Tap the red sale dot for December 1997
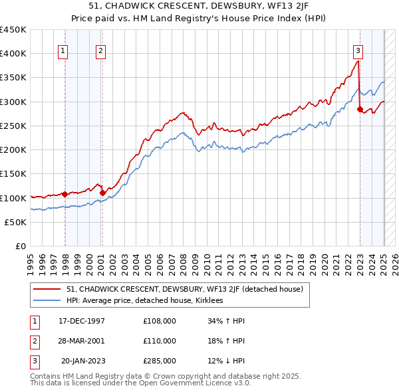click(65, 194)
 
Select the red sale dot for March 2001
click(103, 193)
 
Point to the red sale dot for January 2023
click(360, 109)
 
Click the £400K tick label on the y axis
click(13, 54)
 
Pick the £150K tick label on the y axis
click(13, 174)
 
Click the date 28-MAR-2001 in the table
click(82, 341)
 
